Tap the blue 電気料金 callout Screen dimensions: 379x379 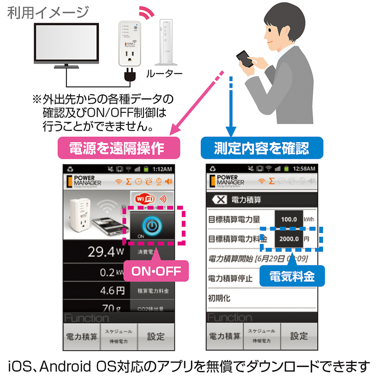(292, 276)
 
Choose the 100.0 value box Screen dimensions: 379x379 (289, 219)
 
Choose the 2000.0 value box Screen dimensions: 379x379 (289, 239)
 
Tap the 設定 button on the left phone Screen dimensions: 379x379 (155, 336)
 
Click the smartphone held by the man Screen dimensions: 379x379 (245, 60)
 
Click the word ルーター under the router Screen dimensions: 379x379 (164, 73)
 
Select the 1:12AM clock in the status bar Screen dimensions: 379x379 (162, 168)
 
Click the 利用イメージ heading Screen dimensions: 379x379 (48, 12)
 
